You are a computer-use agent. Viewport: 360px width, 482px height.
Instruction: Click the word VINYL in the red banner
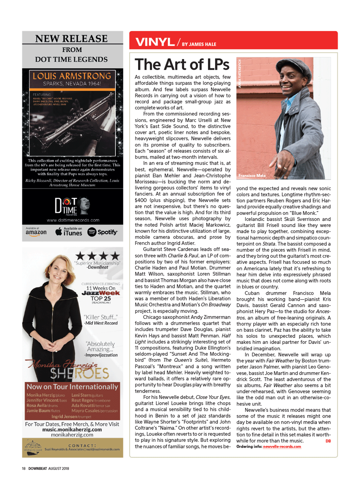click(155, 42)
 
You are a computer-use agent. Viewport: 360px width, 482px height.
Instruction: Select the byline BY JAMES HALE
click(199, 44)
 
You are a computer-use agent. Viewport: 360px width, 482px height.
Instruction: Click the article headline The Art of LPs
click(182, 64)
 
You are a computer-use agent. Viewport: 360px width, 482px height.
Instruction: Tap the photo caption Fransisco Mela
click(252, 175)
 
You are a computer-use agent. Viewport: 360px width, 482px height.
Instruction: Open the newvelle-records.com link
click(282, 447)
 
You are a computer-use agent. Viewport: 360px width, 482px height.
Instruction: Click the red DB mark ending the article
click(328, 441)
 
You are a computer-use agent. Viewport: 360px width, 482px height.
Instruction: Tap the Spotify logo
click(102, 232)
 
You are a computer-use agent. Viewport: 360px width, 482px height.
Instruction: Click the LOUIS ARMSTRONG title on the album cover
click(72, 76)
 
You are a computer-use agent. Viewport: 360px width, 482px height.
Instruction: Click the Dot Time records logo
click(72, 206)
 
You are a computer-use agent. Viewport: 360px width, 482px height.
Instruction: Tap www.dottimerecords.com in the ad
click(73, 220)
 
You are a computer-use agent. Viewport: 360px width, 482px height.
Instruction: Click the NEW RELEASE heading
click(71, 39)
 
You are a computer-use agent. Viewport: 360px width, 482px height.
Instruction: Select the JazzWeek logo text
click(101, 293)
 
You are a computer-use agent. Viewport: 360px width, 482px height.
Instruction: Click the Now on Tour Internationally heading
click(72, 387)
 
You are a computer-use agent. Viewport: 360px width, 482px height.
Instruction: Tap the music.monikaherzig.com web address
click(72, 429)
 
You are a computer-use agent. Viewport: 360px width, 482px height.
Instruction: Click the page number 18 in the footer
click(24, 469)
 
